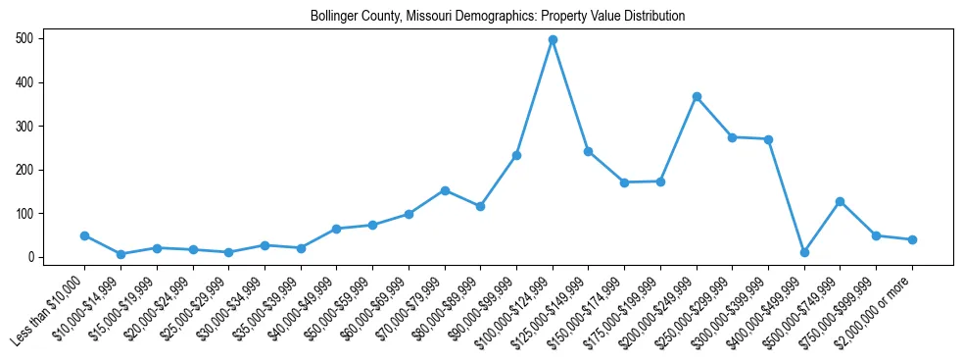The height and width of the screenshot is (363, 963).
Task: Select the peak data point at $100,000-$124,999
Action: click(x=553, y=40)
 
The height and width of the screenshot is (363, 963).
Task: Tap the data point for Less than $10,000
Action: click(x=84, y=235)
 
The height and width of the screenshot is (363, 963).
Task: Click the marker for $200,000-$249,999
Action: click(x=697, y=96)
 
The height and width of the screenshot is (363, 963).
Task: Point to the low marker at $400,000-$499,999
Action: click(x=804, y=252)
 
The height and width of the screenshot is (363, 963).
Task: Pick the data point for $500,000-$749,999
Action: click(x=841, y=201)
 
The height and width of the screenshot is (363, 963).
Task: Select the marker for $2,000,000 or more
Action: click(x=912, y=239)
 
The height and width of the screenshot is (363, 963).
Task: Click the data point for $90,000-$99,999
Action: click(x=516, y=155)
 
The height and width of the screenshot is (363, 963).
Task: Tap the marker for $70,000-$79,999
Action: click(x=445, y=190)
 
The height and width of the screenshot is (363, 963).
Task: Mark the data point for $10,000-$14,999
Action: click(x=120, y=254)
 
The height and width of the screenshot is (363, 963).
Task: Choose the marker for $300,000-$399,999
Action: click(x=768, y=139)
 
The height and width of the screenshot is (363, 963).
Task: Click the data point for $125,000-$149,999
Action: click(x=589, y=151)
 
